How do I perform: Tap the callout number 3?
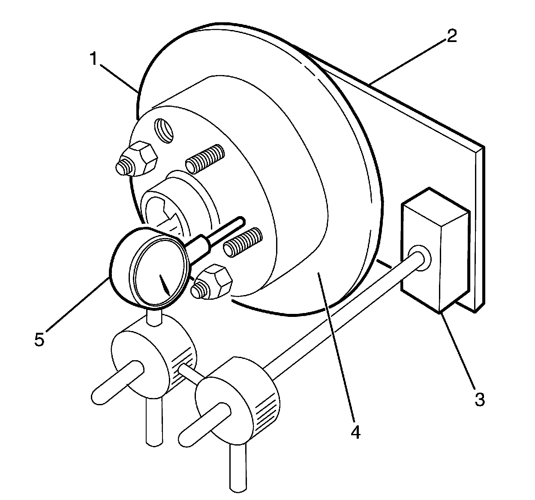(x=479, y=399)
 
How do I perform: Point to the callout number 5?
(x=39, y=339)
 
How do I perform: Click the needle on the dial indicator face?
(x=165, y=284)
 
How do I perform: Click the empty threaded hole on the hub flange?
(x=165, y=130)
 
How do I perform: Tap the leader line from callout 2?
(x=407, y=60)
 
